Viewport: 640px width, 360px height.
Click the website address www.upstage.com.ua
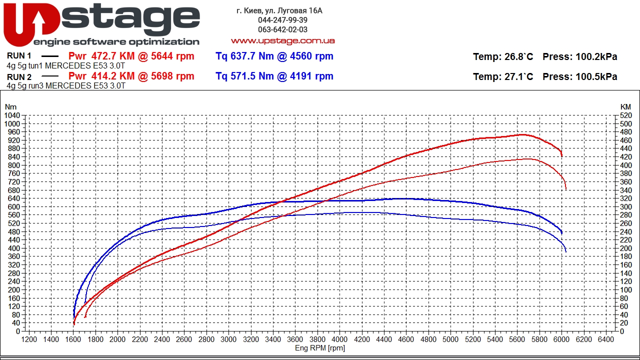(282, 40)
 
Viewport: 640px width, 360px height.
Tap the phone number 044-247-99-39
(282, 20)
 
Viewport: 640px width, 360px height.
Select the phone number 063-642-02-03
(282, 30)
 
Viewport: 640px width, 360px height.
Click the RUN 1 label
(19, 56)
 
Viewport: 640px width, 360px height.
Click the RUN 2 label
(19, 77)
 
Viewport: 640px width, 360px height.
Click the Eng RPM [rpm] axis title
(320, 348)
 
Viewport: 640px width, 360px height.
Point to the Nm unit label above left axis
(10, 107)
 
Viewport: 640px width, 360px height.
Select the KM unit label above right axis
(625, 107)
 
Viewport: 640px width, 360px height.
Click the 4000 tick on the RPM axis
(339, 339)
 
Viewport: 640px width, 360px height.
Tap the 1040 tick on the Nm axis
(11, 115)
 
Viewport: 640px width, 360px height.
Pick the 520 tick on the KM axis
(625, 115)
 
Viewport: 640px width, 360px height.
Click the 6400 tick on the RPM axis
(605, 339)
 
